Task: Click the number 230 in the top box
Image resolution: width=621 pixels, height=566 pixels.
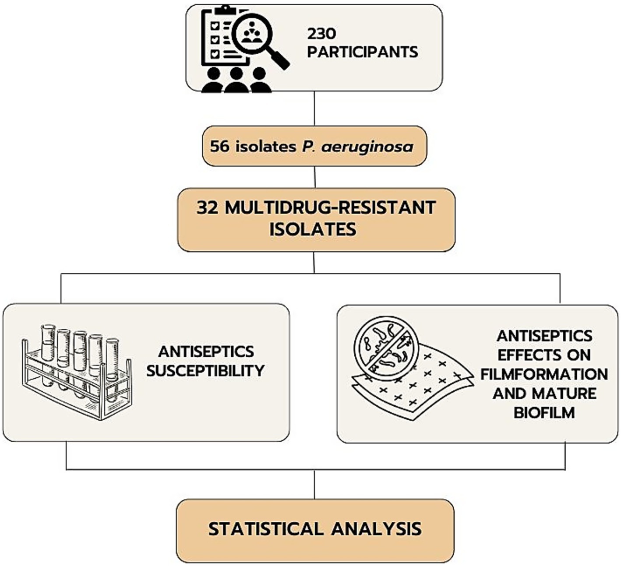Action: pyautogui.click(x=321, y=34)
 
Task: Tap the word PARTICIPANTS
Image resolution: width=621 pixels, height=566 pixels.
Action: pyautogui.click(x=362, y=52)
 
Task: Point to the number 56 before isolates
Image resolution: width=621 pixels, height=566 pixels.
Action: pyautogui.click(x=219, y=146)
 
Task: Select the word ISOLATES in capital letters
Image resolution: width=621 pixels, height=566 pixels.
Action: pyautogui.click(x=313, y=229)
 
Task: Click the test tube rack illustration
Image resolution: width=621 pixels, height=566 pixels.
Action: pyautogui.click(x=77, y=372)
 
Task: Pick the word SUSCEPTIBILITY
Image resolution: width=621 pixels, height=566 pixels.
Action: pyautogui.click(x=205, y=371)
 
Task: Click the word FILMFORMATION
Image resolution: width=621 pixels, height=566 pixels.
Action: pyautogui.click(x=544, y=374)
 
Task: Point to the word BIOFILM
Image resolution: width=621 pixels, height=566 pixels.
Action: pyautogui.click(x=544, y=412)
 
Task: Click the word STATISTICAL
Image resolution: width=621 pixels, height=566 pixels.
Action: pyautogui.click(x=266, y=529)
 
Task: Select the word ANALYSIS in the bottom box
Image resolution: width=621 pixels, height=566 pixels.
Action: pyautogui.click(x=376, y=529)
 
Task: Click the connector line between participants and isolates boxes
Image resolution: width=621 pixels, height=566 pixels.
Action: pyautogui.click(x=314, y=109)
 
